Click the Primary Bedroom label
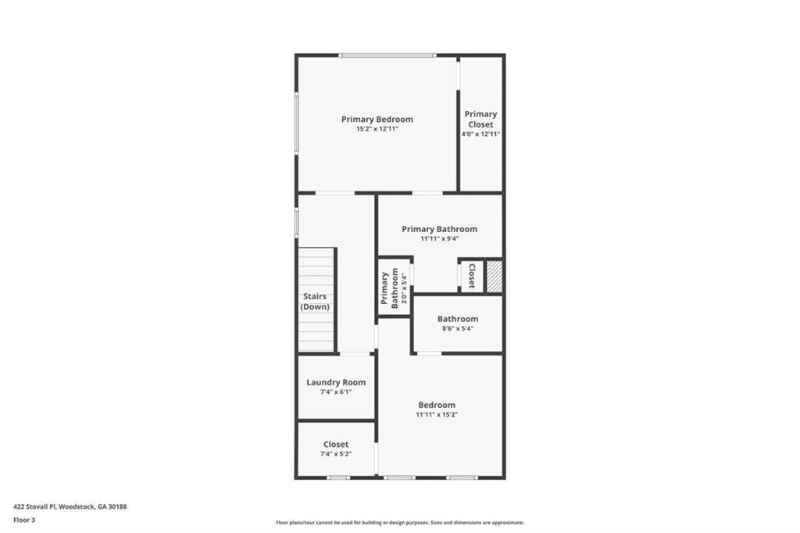[377, 120]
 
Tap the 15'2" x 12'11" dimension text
[377, 129]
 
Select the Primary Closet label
[480, 119]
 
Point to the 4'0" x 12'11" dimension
[480, 134]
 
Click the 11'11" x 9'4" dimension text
[439, 238]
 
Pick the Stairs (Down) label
[315, 301]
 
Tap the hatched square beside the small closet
[494, 277]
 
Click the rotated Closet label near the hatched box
[472, 276]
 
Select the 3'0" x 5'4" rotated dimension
[405, 289]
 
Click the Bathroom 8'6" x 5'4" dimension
[458, 328]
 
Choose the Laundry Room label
[336, 382]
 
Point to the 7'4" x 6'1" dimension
[336, 392]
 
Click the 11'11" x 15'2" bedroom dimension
[437, 414]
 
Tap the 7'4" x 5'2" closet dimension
[336, 454]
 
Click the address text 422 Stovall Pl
[35, 507]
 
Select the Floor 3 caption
[24, 520]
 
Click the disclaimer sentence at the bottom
[400, 523]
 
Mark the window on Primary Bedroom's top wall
[387, 55]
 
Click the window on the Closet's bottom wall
[338, 478]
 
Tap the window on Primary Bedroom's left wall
[296, 123]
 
